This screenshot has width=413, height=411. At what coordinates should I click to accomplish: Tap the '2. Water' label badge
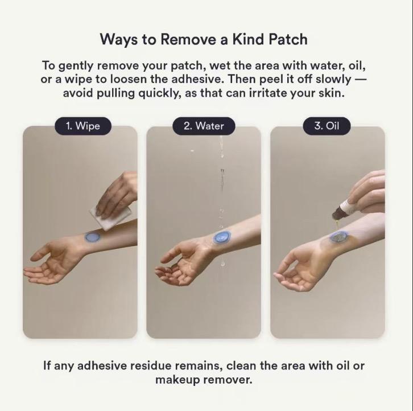[204, 126]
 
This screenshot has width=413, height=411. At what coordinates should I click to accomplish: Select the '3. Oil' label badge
[327, 126]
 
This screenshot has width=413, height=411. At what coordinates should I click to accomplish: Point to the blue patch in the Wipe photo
[92, 237]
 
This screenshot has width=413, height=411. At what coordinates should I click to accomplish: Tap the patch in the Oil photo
[338, 236]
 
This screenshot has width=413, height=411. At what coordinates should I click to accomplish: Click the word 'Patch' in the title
[287, 39]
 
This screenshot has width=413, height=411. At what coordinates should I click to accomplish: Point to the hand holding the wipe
[119, 194]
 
